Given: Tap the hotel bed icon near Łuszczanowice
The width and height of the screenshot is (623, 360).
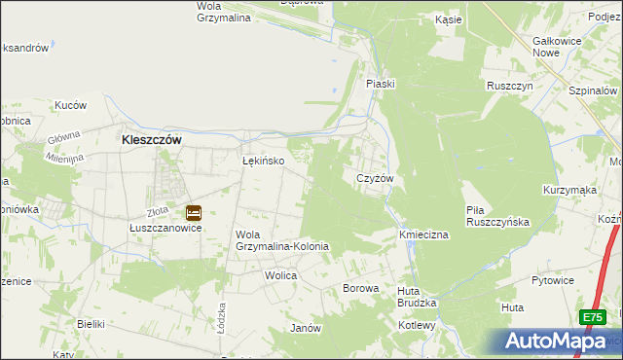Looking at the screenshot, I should pyautogui.click(x=193, y=211).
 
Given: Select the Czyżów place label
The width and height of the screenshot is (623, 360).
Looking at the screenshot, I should pyautogui.click(x=375, y=179).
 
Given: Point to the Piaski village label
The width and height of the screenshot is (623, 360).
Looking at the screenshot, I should pyautogui.click(x=380, y=84).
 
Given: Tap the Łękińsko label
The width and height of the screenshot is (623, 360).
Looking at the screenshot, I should pyautogui.click(x=263, y=162).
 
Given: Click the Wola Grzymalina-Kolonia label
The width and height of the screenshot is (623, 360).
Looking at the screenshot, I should pyautogui.click(x=282, y=240).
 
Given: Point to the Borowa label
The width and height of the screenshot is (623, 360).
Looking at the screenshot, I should pyautogui.click(x=360, y=289).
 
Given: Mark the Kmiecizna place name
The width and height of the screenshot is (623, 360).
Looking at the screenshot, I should pyautogui.click(x=422, y=235).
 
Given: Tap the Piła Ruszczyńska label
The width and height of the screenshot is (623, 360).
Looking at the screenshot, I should pyautogui.click(x=496, y=215).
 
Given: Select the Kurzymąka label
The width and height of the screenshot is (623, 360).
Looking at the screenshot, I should pyautogui.click(x=569, y=191).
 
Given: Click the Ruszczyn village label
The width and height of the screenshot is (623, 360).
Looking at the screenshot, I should pyautogui.click(x=511, y=86).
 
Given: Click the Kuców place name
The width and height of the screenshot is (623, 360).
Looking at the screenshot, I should pyautogui.click(x=71, y=105).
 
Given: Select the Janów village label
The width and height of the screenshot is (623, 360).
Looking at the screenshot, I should pyautogui.click(x=306, y=328).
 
